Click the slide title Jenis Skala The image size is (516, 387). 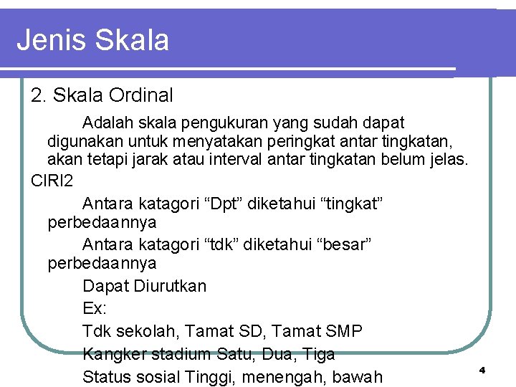tap(93, 40)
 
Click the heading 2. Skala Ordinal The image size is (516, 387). tap(102, 95)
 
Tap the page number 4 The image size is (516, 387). tap(482, 370)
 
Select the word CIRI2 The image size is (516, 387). tap(52, 181)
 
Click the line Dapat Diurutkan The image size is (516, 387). tap(144, 286)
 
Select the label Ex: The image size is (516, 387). tap(95, 309)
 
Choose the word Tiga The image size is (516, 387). tap(319, 354)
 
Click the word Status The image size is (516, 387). tap(105, 377)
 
